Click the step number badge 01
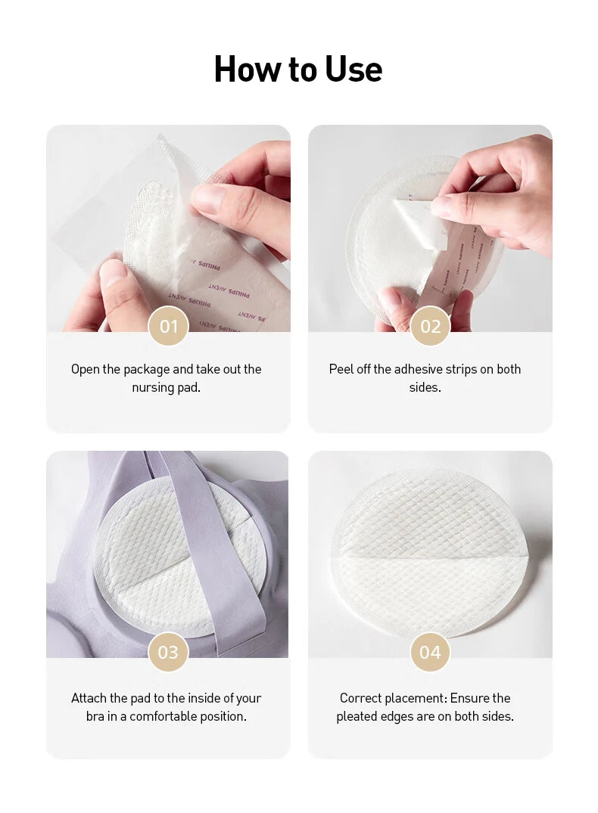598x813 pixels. pyautogui.click(x=168, y=327)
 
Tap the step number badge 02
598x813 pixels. pyautogui.click(x=430, y=327)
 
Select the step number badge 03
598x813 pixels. pyautogui.click(x=168, y=652)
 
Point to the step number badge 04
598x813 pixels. pyautogui.click(x=430, y=652)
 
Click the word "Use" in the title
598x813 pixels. pyautogui.click(x=354, y=70)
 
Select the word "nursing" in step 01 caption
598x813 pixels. pyautogui.click(x=154, y=388)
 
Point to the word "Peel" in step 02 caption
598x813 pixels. pyautogui.click(x=342, y=370)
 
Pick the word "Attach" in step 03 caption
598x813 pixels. pyautogui.click(x=89, y=698)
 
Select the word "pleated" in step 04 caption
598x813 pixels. pyautogui.click(x=358, y=716)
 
